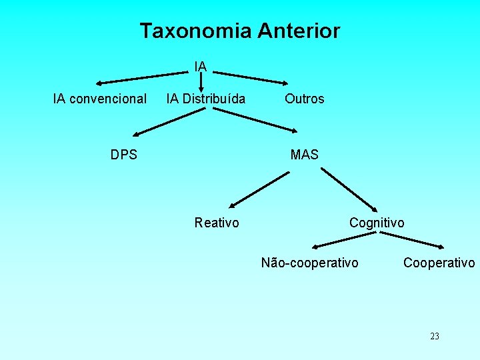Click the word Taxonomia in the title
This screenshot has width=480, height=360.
pyautogui.click(x=196, y=31)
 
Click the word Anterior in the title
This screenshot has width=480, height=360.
pyautogui.click(x=299, y=31)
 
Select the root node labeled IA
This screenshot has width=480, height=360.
pyautogui.click(x=201, y=66)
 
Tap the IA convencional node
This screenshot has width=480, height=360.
pyautogui.click(x=100, y=99)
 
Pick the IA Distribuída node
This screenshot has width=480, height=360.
pyautogui.click(x=205, y=99)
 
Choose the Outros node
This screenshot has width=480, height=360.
pyautogui.click(x=304, y=99)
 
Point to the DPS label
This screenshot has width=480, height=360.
pyautogui.click(x=124, y=155)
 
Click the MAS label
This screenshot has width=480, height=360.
pyautogui.click(x=305, y=155)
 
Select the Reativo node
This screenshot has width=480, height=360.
pyautogui.click(x=217, y=223)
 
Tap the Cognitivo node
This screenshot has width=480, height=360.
pyautogui.click(x=377, y=223)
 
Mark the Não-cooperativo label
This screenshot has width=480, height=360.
pyautogui.click(x=309, y=263)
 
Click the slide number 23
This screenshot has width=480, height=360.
pyautogui.click(x=435, y=336)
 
